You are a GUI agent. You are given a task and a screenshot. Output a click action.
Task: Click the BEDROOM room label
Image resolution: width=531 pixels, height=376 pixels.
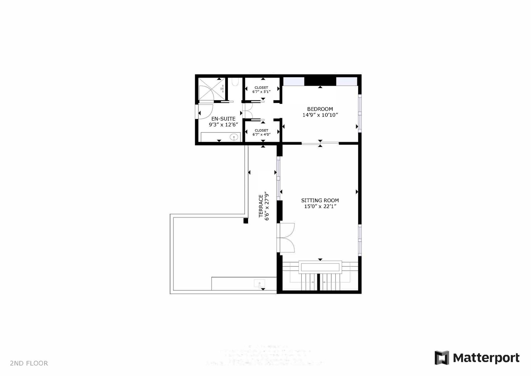pos(320,109)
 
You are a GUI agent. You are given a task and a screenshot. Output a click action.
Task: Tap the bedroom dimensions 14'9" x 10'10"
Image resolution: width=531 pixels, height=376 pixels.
pos(320,115)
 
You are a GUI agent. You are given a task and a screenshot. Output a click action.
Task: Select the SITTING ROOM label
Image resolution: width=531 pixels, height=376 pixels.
pos(320,200)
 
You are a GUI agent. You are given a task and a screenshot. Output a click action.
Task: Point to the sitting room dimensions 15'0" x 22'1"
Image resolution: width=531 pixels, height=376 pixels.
pos(320,206)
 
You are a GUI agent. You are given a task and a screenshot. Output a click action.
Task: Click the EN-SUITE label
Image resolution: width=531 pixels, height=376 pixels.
pos(223,119)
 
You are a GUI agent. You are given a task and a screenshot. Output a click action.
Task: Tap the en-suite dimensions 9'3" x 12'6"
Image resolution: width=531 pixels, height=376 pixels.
pos(223,124)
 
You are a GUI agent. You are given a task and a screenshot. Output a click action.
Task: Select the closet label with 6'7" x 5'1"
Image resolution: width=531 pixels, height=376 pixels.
pos(261,88)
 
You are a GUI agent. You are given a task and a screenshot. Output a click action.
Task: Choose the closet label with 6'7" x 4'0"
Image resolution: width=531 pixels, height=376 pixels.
pos(261,131)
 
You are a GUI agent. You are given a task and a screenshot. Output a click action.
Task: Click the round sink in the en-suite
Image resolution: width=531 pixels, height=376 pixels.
pos(235,137)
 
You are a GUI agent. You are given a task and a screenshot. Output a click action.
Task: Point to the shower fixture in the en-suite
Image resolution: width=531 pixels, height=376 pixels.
pos(222,89)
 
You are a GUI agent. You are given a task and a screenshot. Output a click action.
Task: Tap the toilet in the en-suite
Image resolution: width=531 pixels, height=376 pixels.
pos(235,83)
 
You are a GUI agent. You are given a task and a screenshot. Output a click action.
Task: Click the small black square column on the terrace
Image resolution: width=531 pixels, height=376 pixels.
pos(246,221)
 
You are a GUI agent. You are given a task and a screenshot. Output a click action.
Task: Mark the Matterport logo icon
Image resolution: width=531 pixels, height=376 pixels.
pos(442,358)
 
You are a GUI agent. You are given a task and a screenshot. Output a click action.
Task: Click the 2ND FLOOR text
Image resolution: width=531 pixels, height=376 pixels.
pos(29,363)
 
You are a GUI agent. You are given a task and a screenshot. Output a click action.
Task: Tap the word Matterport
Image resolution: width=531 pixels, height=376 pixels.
pos(486,358)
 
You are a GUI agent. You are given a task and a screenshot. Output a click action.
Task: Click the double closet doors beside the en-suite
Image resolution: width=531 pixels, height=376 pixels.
pos(248,110)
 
